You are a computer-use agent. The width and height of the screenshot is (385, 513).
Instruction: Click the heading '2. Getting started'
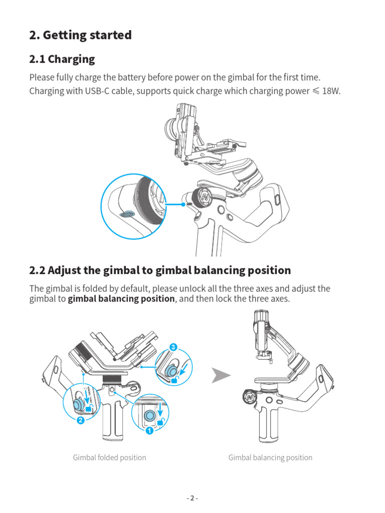pyautogui.click(x=80, y=35)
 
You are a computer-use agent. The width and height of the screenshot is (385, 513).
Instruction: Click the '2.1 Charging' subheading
pyautogui.click(x=62, y=59)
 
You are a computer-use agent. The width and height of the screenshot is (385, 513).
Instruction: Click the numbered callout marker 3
pyautogui.click(x=173, y=347)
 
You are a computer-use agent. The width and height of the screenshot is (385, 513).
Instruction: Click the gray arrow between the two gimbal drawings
pyautogui.click(x=220, y=375)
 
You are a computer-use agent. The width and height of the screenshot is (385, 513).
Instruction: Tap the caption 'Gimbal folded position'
pyautogui.click(x=109, y=457)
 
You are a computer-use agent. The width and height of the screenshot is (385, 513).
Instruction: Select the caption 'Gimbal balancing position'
pyautogui.click(x=270, y=457)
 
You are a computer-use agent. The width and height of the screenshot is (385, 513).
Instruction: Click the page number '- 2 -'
pyautogui.click(x=192, y=498)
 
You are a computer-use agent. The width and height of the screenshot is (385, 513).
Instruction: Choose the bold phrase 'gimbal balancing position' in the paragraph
pyautogui.click(x=121, y=299)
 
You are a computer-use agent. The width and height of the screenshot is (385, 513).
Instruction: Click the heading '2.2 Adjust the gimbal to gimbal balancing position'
pyautogui.click(x=160, y=271)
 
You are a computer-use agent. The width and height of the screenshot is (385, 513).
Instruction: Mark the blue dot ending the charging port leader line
pyautogui.click(x=184, y=204)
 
